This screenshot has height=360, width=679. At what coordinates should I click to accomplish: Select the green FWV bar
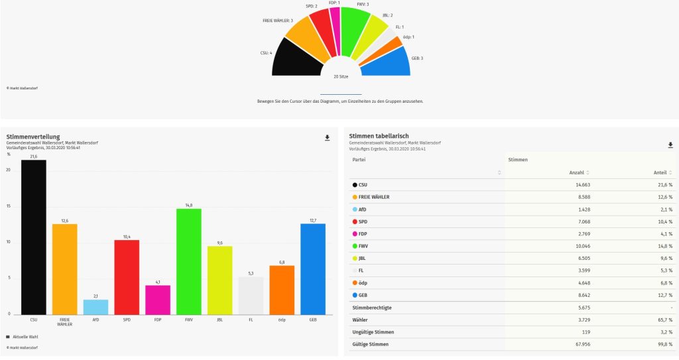(189, 261)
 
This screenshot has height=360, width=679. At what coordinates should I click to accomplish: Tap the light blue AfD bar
(95, 306)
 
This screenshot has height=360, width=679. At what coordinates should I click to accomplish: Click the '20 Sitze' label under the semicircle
(341, 77)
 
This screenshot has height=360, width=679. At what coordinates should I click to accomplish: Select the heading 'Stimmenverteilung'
(33, 137)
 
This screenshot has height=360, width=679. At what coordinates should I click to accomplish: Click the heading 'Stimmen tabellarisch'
(378, 136)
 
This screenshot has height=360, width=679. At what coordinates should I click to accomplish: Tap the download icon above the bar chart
(327, 138)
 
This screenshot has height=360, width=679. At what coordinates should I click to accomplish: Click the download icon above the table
(670, 145)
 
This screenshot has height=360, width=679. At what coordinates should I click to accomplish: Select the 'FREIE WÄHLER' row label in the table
(374, 197)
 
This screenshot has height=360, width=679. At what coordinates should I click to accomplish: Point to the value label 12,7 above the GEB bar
(313, 220)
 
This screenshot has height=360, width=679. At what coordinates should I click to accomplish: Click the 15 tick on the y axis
(9, 206)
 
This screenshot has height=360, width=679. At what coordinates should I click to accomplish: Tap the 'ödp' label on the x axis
(282, 320)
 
